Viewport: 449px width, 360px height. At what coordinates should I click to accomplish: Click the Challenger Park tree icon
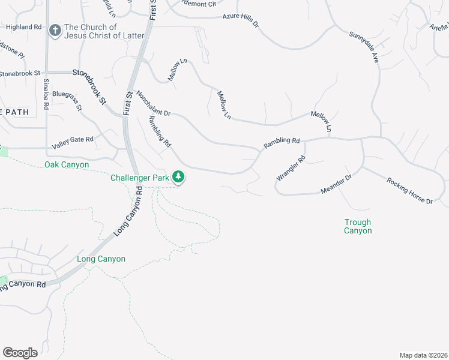[x=178, y=177]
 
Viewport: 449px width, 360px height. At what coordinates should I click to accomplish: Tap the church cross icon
[x=55, y=31]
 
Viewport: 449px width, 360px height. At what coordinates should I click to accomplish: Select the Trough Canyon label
[x=358, y=226]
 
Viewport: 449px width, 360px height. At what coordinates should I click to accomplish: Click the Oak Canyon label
[x=67, y=164]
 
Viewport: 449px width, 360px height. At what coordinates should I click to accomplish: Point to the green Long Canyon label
[x=101, y=259]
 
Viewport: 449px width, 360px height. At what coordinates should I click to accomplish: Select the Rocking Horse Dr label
[x=410, y=191]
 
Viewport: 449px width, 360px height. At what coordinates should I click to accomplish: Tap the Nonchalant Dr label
[x=154, y=103]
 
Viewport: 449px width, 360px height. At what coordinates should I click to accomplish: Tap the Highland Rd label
[x=24, y=27]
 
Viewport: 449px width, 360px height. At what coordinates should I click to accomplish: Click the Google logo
[x=20, y=353]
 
